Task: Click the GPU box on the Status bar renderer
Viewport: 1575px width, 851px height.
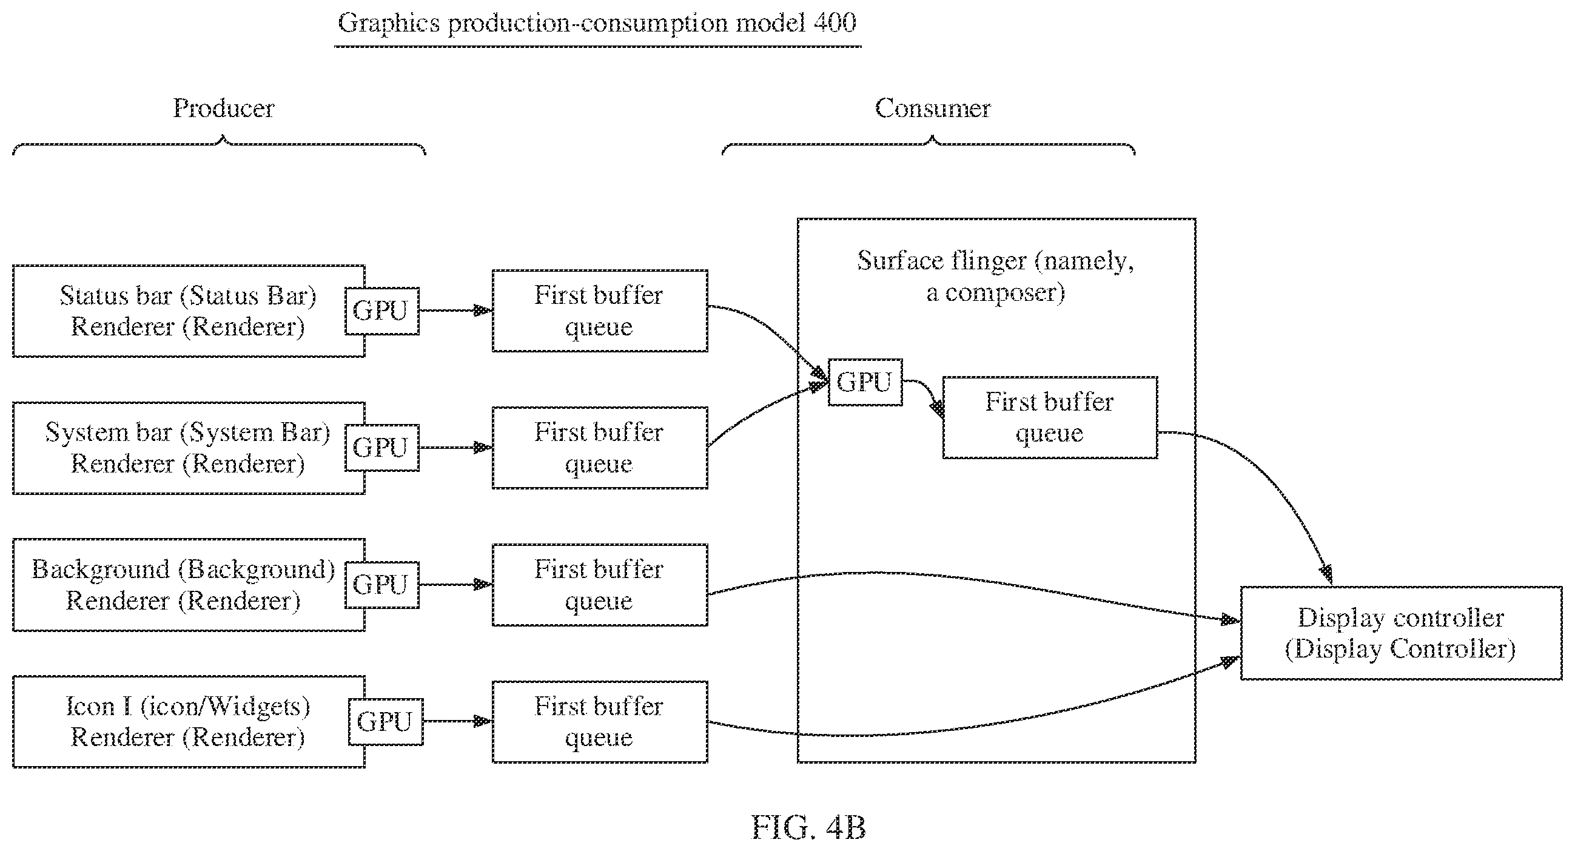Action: [x=382, y=311]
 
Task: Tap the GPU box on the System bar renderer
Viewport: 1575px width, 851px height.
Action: [x=382, y=448]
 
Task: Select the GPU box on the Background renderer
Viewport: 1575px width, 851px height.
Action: [x=382, y=585]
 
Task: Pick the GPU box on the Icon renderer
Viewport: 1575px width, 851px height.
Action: [x=386, y=722]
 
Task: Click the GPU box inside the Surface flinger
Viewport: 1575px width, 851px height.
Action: [x=865, y=382]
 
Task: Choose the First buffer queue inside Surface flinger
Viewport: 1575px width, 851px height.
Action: [x=1050, y=417]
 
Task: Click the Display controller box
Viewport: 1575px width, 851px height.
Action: [x=1401, y=633]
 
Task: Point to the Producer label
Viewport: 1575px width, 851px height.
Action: [x=224, y=108]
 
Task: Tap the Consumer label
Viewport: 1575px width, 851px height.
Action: [x=932, y=108]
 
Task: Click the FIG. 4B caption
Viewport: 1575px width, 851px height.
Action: [x=808, y=828]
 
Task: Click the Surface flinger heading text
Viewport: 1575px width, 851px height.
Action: [x=995, y=277]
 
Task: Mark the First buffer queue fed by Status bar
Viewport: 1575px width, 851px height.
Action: [x=600, y=311]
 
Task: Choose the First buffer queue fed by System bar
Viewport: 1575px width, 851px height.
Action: [x=600, y=448]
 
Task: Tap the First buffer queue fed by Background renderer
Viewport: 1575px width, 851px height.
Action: [x=600, y=585]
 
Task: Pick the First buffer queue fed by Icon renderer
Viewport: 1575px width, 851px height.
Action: [x=600, y=722]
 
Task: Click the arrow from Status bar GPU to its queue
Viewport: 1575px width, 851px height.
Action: [x=455, y=311]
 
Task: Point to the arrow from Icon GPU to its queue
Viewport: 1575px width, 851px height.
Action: [x=457, y=721]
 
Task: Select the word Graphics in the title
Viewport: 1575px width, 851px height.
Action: [x=389, y=24]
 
